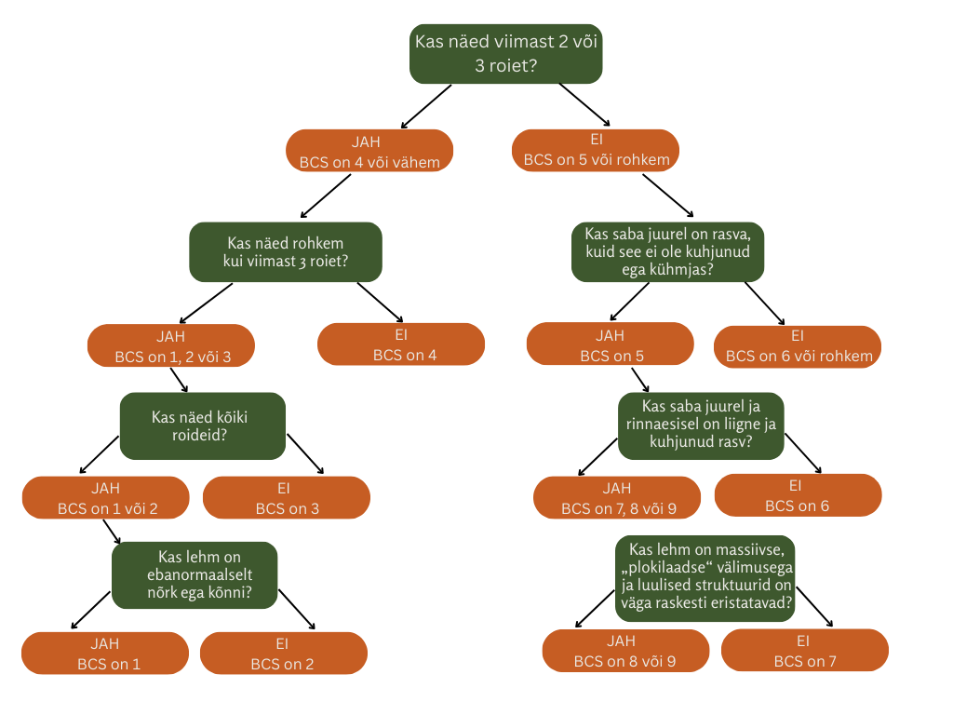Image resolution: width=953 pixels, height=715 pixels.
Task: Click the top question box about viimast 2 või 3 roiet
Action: click(x=506, y=54)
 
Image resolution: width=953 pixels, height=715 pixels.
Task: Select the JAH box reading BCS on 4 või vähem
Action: click(x=369, y=151)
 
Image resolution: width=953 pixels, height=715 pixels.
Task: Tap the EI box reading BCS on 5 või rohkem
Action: click(x=596, y=150)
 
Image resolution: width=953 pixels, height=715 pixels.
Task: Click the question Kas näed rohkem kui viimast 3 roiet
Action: click(x=286, y=251)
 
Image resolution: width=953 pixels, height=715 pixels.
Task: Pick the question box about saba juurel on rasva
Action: click(x=668, y=251)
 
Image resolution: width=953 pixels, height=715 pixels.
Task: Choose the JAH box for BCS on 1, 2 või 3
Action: click(x=170, y=345)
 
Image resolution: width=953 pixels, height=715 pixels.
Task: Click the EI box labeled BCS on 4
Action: click(x=401, y=344)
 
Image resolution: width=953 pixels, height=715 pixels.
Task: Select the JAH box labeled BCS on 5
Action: click(x=610, y=344)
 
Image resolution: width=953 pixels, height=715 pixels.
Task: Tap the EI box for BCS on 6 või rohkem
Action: click(x=798, y=345)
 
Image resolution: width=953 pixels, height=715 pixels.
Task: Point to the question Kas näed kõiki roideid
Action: click(x=202, y=426)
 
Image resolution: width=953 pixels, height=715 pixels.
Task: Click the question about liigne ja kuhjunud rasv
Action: click(x=701, y=425)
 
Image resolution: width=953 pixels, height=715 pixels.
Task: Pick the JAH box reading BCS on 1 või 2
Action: click(x=105, y=498)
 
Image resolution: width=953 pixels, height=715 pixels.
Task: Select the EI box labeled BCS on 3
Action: click(x=286, y=497)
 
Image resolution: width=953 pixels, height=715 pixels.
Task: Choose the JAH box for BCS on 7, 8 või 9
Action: click(x=617, y=498)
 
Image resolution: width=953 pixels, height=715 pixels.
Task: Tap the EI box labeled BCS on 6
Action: click(x=798, y=495)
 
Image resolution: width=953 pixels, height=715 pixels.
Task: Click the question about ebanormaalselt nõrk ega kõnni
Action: click(x=195, y=575)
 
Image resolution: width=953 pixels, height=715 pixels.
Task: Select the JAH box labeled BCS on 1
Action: click(x=105, y=654)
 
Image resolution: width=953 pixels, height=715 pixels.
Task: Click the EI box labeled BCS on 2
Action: click(x=283, y=654)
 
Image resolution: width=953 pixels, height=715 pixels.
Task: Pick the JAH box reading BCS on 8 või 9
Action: click(x=625, y=651)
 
